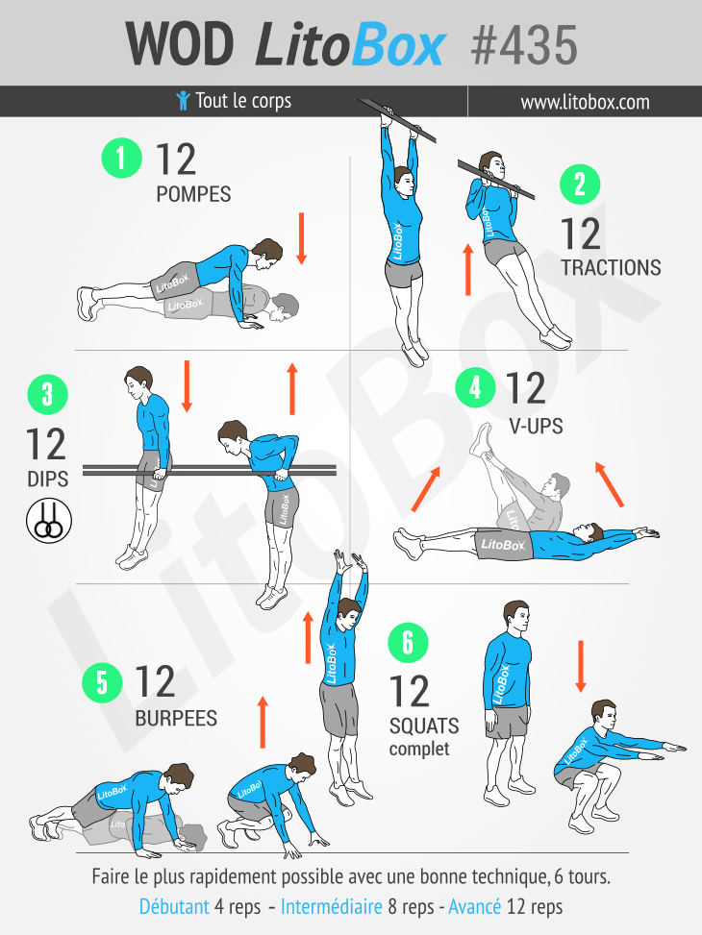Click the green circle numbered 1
122,158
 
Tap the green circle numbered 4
475,387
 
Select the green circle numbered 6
409,643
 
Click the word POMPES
193,194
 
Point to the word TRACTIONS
611,268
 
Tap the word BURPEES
176,719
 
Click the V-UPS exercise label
536,427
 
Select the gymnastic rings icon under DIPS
49,521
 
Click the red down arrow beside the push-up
301,238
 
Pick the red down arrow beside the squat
580,667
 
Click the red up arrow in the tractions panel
468,269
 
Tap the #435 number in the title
524,45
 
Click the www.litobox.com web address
585,102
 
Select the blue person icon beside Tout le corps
184,101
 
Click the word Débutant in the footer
174,907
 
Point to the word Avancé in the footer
474,907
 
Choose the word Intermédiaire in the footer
332,907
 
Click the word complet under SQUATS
419,749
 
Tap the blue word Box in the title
398,45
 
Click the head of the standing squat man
515,617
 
